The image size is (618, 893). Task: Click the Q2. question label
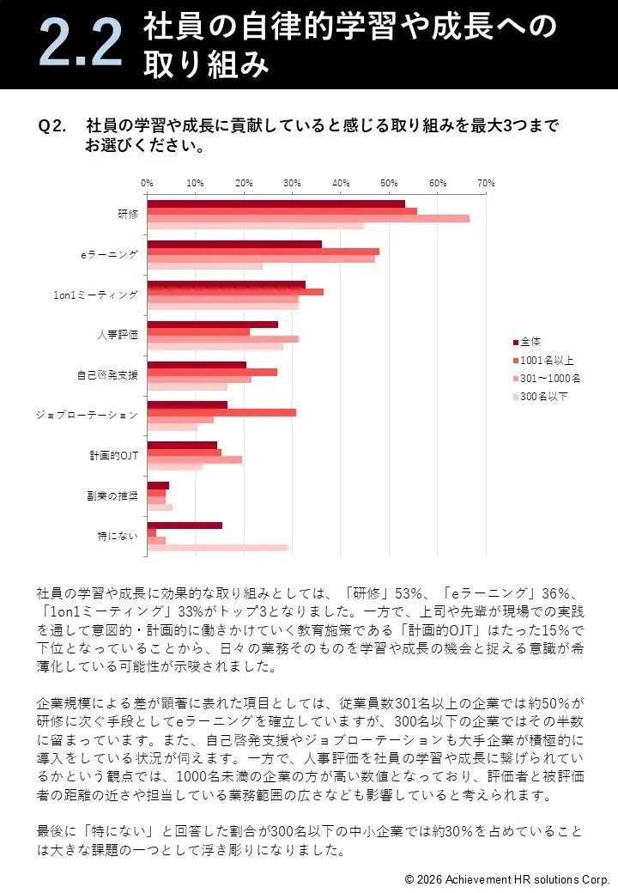(x=52, y=126)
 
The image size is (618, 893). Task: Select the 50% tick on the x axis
(x=389, y=183)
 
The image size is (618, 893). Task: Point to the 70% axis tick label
(x=486, y=183)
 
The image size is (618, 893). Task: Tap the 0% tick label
(x=147, y=183)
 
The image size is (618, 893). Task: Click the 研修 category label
(x=127, y=214)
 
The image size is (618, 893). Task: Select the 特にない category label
(x=118, y=537)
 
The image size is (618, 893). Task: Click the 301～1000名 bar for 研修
(x=308, y=218)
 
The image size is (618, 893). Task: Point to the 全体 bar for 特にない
(x=185, y=525)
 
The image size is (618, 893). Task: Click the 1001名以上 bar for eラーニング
(x=263, y=252)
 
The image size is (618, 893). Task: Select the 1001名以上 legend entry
(x=547, y=360)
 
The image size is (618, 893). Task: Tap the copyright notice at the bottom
(x=506, y=879)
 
